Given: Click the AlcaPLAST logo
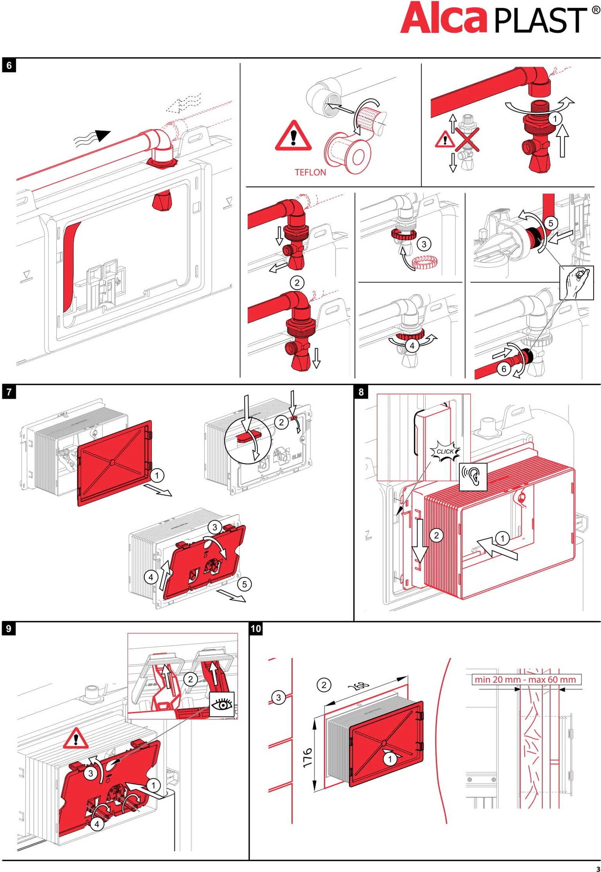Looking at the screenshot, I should click(x=497, y=18).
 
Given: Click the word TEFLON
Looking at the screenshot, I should click(x=310, y=172).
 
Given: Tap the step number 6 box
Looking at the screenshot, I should click(x=9, y=65).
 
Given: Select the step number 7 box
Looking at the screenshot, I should click(x=9, y=392).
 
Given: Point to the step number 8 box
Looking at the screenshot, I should click(x=361, y=392).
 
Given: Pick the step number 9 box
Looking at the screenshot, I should click(x=9, y=628).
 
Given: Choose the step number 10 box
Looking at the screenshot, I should click(x=256, y=628).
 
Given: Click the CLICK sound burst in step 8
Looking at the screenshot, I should click(x=445, y=451).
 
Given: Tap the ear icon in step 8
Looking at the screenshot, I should click(x=473, y=476).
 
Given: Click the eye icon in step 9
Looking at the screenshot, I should click(x=222, y=704).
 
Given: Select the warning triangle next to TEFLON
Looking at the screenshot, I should click(x=293, y=136).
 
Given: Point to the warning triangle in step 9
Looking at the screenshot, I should click(x=75, y=739).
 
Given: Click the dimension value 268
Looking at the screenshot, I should click(x=359, y=686).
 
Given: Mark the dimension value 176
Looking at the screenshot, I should click(x=307, y=758).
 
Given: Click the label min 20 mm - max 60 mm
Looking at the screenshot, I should click(x=525, y=679).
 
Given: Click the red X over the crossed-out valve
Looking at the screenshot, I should click(x=467, y=140).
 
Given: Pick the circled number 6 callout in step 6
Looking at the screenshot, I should click(x=504, y=369).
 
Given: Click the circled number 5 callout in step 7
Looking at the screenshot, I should click(x=244, y=584).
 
